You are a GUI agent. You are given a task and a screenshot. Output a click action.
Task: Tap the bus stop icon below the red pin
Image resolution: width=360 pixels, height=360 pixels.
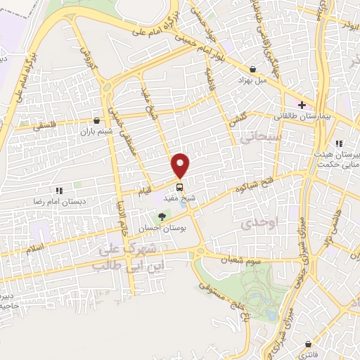coord(179,187)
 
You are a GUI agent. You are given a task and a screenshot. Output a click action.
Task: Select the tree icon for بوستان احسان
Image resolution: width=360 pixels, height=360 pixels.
coord(163,218)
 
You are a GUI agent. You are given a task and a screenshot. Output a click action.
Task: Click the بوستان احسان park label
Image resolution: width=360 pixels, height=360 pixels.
coord(163,229)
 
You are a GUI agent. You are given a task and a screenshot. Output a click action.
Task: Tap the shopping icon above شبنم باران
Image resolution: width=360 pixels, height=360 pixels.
coord(96,120)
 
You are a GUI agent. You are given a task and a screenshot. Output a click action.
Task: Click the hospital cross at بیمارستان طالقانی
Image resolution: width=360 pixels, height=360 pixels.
coord(302,104)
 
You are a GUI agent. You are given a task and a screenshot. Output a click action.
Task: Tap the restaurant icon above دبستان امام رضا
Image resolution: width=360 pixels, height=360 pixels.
coord(60,191)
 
